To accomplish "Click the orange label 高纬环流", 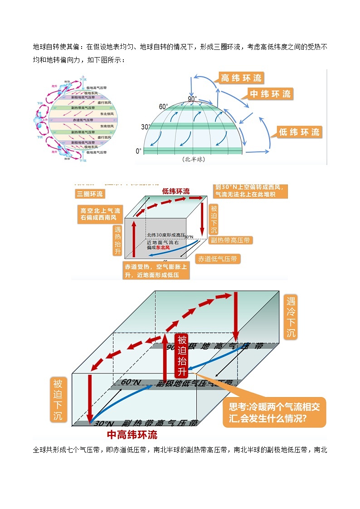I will coord(241,78).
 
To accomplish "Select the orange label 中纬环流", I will coord(270,94).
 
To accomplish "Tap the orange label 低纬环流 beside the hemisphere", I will coord(299,132).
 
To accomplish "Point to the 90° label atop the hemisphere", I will coord(193,99).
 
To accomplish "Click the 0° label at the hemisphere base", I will coord(139,150).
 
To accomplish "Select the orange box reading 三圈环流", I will coord(89,194).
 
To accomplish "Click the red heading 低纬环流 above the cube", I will coord(176,191).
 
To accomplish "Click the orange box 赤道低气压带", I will coord(218,259).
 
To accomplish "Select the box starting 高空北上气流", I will coord(100,214).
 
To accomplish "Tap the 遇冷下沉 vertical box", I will coord(291,317).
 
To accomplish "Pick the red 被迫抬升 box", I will coord(182,356).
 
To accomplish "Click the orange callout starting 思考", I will coord(274,412).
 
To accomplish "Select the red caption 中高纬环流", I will coord(132,435).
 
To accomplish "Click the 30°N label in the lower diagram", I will coord(103,423).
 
